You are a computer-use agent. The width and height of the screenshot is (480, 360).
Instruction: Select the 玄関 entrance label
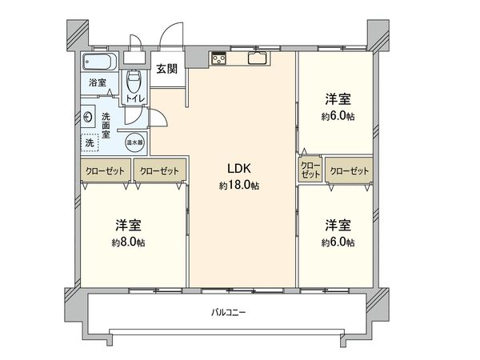pyautogui.click(x=166, y=69)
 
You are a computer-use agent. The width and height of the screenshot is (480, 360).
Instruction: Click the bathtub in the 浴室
pyautogui.click(x=100, y=62)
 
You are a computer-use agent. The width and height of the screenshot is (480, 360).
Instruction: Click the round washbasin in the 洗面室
pyautogui.click(x=87, y=116)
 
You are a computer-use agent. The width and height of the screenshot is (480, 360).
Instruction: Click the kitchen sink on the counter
pyautogui.click(x=258, y=58)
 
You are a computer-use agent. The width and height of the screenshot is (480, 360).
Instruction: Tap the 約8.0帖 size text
pyautogui.click(x=129, y=242)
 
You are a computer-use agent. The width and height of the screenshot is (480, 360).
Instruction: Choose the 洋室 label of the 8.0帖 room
pyautogui.click(x=129, y=225)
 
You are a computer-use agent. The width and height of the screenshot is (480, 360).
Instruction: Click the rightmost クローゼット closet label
pyautogui.click(x=348, y=170)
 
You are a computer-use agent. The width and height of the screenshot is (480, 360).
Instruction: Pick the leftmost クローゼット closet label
pyautogui.click(x=104, y=170)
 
